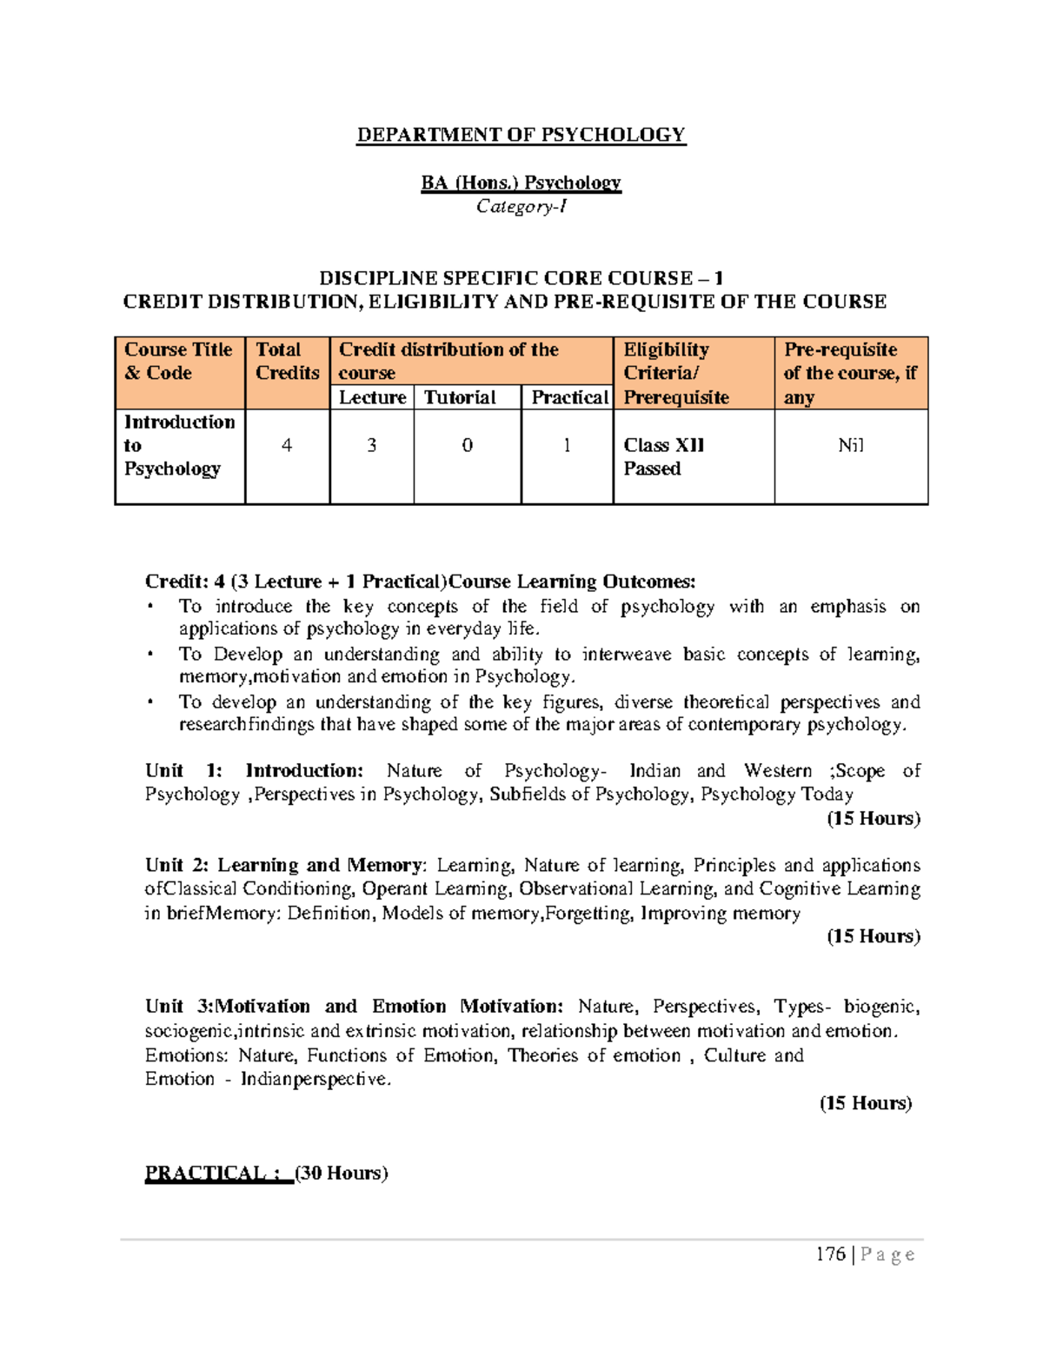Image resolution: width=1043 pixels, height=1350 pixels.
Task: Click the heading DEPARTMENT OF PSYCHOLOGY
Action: pos(521,135)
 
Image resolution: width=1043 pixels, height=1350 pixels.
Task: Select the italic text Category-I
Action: pos(521,207)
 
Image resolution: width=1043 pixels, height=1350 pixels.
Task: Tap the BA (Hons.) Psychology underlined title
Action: pos(521,183)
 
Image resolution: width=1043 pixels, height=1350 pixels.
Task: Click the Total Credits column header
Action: pos(287,362)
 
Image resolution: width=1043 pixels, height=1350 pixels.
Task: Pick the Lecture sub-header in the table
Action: pos(372,397)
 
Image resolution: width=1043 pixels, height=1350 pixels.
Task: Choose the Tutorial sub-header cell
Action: pos(460,397)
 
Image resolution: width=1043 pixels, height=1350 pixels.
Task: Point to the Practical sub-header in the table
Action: pos(569,397)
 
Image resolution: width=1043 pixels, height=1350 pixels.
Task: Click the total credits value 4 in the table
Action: pos(287,446)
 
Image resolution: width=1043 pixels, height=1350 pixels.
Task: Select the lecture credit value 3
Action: pos(372,446)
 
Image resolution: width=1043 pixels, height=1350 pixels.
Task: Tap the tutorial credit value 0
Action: pos(468,446)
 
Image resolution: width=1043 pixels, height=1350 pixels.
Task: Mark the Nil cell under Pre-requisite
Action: pos(850,446)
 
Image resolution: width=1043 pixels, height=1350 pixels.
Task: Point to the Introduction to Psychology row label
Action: pos(179,445)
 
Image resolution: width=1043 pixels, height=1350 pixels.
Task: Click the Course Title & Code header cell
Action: pos(178,362)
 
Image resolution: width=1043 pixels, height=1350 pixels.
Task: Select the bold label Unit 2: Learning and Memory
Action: pos(284,865)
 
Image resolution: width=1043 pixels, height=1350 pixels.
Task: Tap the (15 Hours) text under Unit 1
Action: pos(873,818)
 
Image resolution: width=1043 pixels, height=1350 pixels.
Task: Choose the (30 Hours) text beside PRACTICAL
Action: pos(342,1174)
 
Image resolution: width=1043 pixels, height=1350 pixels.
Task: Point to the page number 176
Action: pos(831,1254)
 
